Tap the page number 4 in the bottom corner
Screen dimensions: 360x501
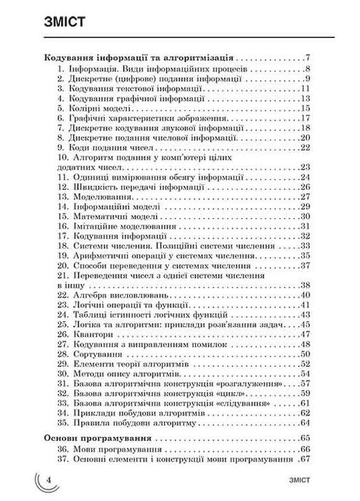pos(50,481)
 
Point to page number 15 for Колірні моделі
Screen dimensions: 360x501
pos(304,108)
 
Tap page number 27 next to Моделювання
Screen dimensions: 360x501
pos(304,196)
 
